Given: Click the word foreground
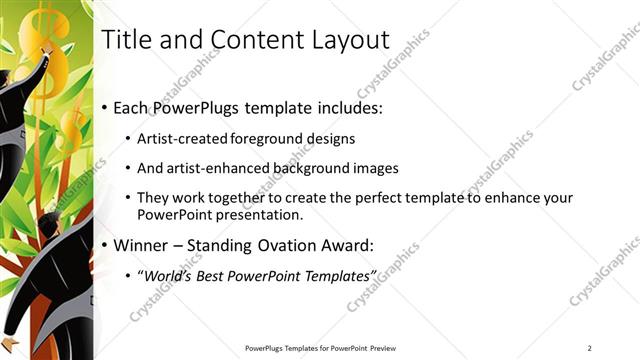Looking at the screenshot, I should click(x=269, y=138).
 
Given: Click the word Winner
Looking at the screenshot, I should click(x=143, y=245).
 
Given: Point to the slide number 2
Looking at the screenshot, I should click(x=589, y=347).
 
